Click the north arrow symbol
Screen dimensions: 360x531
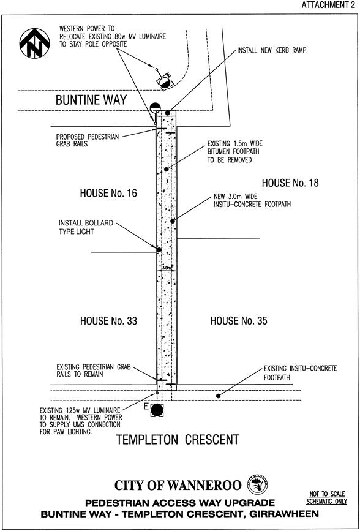(x=34, y=43)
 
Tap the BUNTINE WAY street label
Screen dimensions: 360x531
(x=91, y=100)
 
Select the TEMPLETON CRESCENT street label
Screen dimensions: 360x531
(x=178, y=440)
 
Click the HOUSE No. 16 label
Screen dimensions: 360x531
(x=108, y=194)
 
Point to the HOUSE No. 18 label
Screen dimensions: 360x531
(x=290, y=183)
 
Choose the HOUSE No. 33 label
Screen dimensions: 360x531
(x=108, y=321)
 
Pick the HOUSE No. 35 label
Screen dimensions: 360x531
(x=239, y=321)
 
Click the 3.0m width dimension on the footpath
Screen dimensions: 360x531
(x=166, y=268)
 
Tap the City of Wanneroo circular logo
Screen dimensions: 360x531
(x=258, y=484)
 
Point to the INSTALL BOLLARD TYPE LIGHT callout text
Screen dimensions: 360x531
(x=86, y=227)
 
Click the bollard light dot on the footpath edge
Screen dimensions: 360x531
(x=159, y=250)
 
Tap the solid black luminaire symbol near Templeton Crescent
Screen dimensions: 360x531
(x=157, y=410)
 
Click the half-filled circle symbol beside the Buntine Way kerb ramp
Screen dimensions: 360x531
(x=155, y=108)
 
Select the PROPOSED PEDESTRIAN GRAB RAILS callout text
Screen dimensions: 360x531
(x=88, y=140)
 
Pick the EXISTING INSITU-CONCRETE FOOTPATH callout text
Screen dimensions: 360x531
(x=300, y=372)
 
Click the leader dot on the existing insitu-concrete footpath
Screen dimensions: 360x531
(x=219, y=396)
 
